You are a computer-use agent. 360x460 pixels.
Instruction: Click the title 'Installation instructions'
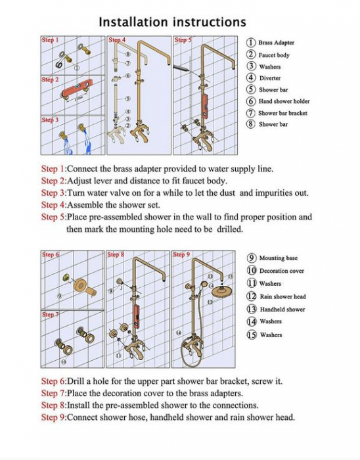(172, 22)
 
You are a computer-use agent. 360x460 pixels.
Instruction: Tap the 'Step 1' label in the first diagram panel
(50, 39)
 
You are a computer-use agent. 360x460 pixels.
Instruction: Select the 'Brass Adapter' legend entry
(276, 43)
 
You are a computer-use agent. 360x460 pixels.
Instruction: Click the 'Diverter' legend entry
(270, 78)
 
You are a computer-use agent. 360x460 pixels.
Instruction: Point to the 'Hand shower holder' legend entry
(284, 101)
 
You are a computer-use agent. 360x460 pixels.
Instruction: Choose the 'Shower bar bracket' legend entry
(282, 113)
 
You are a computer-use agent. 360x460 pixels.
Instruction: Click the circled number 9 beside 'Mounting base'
(252, 258)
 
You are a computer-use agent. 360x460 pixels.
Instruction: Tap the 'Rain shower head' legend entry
(282, 296)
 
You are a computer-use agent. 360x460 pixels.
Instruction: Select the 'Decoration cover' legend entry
(281, 271)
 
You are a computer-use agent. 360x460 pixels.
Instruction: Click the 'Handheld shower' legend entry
(282, 310)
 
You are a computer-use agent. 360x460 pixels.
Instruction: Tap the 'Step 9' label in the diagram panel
(181, 254)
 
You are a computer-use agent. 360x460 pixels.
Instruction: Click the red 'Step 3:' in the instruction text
(55, 193)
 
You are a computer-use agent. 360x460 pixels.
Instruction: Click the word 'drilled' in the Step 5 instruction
(229, 229)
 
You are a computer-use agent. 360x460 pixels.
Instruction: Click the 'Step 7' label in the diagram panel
(50, 315)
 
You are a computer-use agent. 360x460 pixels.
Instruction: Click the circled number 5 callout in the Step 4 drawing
(128, 99)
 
